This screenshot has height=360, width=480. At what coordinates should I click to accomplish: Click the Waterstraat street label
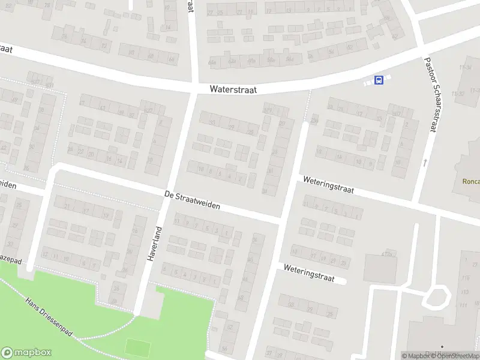point(233,89)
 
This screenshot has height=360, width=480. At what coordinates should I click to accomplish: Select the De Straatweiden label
point(192,200)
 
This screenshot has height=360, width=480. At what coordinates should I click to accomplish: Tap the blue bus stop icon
point(379,80)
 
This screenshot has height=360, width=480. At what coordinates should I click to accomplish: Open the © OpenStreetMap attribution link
point(457,356)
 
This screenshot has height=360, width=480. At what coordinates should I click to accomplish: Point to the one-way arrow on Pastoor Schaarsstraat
point(425,162)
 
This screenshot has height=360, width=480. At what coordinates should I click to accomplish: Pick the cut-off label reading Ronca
point(470,181)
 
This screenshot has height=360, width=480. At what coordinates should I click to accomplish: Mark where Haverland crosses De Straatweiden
point(168,196)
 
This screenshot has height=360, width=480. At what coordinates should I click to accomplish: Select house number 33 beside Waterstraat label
point(212,122)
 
